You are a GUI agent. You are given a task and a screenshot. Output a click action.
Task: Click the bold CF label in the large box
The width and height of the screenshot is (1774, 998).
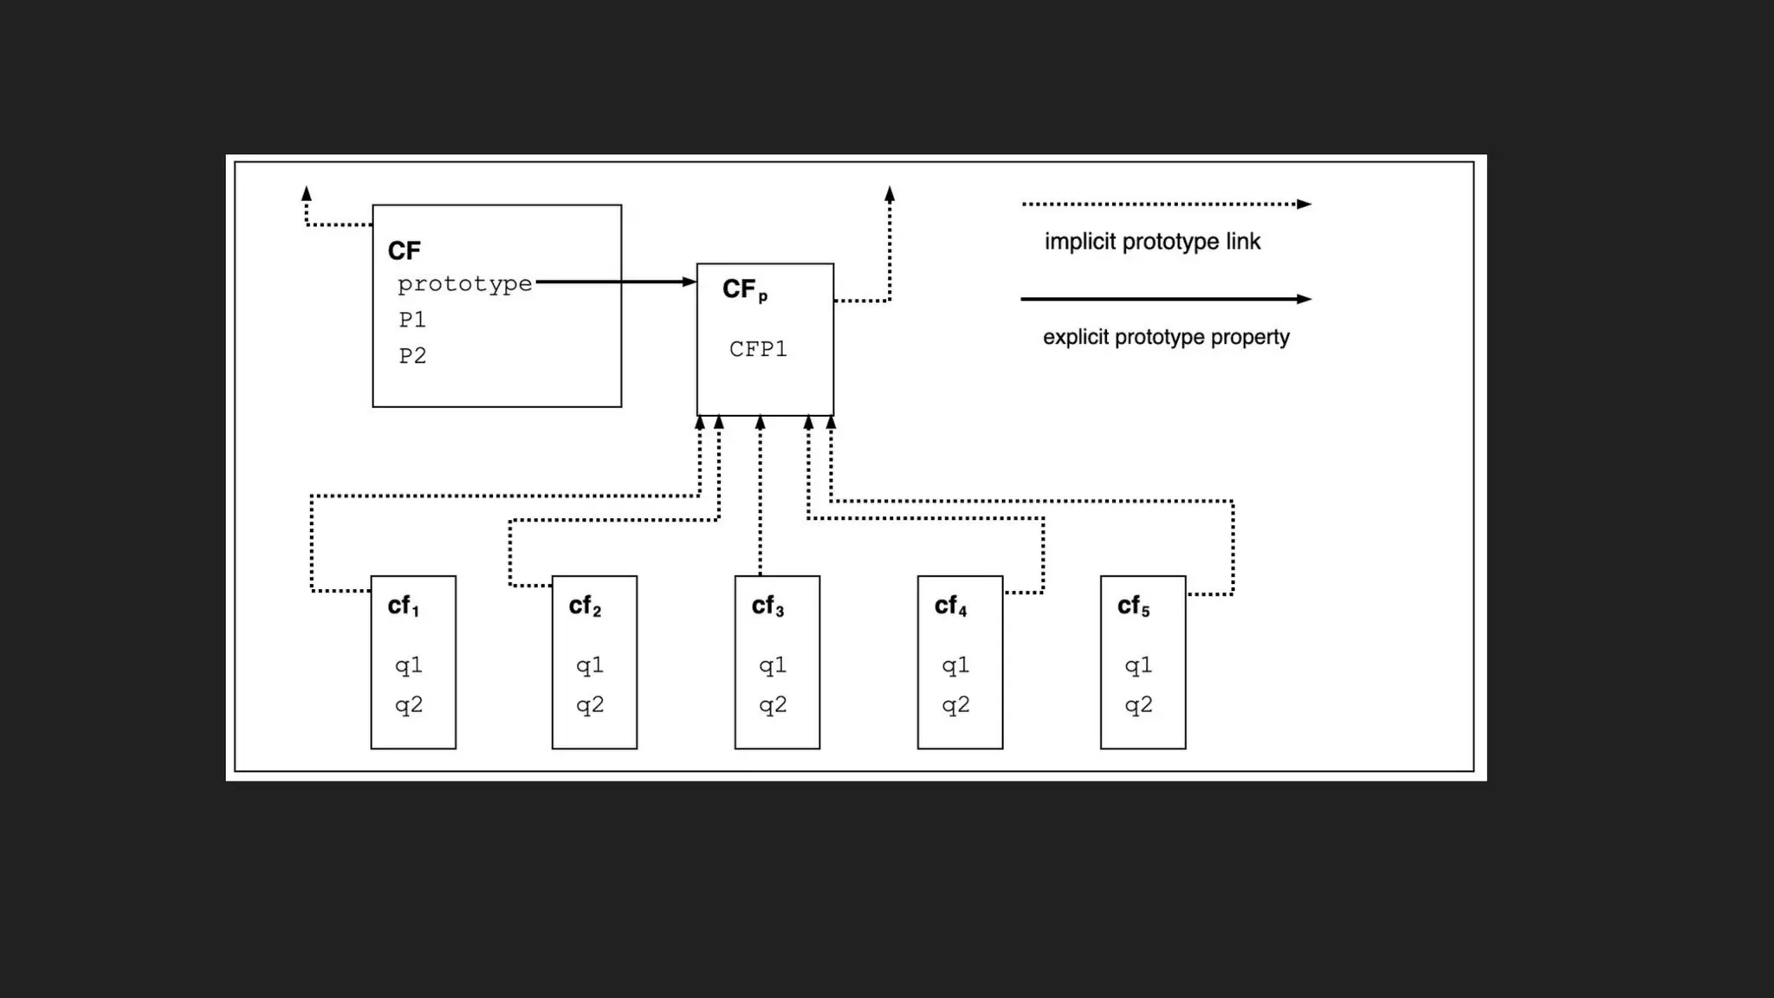(404, 251)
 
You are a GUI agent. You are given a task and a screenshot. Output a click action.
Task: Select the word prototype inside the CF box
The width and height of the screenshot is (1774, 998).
(464, 284)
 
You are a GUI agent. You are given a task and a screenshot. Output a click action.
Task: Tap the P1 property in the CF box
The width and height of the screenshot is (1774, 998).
(412, 320)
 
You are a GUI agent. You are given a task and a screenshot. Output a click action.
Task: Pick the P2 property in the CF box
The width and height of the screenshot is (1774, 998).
(412, 356)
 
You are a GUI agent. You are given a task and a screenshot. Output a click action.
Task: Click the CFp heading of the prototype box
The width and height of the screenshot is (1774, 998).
(744, 289)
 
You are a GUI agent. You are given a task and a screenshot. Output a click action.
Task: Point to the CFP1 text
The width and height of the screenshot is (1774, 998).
(758, 349)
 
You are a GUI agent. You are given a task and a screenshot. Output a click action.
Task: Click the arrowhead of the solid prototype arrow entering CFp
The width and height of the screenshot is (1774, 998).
(690, 282)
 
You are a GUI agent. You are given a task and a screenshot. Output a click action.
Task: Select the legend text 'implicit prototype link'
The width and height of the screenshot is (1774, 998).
(1152, 242)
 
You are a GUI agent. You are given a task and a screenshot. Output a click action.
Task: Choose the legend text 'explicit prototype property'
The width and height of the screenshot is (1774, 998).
(1166, 337)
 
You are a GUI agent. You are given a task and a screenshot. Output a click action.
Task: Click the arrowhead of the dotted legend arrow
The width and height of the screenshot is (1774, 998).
(1304, 204)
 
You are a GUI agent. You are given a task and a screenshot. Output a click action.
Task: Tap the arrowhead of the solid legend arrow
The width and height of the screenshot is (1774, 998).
(1304, 299)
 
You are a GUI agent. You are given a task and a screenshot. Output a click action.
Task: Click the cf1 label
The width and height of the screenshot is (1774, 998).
(404, 606)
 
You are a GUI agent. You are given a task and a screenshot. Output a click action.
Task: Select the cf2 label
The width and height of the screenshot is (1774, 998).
(585, 606)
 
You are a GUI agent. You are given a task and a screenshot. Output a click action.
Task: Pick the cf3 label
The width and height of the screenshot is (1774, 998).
(767, 606)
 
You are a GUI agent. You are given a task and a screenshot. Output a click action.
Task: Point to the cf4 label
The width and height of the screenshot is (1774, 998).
(950, 606)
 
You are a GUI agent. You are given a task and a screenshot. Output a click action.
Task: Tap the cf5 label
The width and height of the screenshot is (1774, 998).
(1133, 606)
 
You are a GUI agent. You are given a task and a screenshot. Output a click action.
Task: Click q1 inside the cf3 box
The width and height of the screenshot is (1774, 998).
(773, 665)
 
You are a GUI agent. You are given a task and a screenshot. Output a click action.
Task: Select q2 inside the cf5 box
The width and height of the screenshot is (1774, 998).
(1138, 705)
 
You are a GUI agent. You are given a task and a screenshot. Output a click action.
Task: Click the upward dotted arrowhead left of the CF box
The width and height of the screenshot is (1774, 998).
(306, 193)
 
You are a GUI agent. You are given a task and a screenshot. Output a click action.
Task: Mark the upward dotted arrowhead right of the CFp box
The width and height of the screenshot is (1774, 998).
(890, 194)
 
